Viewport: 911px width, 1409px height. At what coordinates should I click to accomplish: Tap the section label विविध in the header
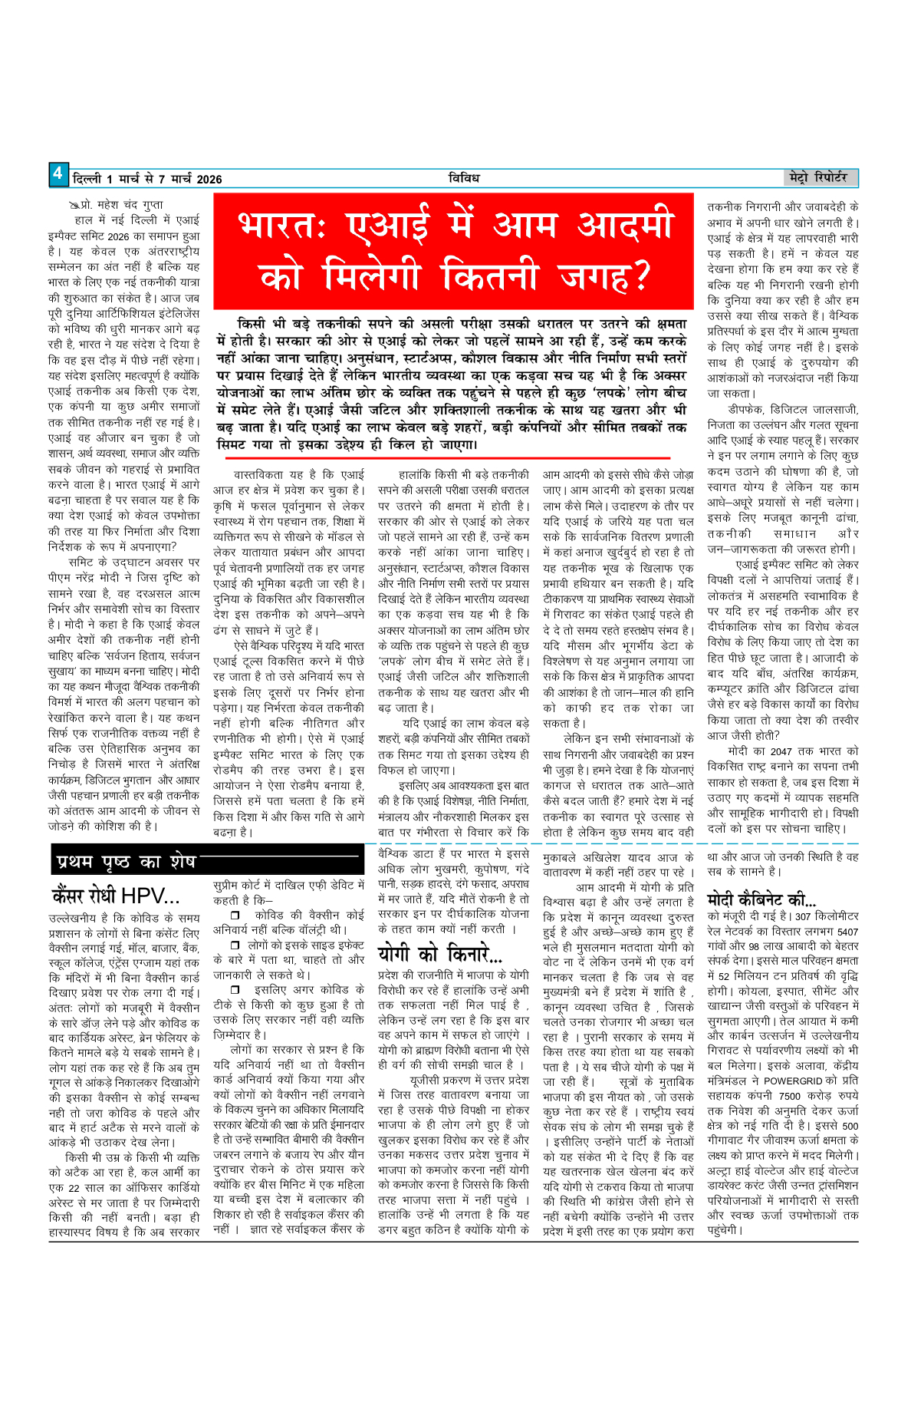click(464, 178)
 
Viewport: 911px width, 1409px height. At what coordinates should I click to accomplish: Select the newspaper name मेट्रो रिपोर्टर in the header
click(818, 177)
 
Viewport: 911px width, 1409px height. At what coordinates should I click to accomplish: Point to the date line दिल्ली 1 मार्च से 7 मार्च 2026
click(147, 180)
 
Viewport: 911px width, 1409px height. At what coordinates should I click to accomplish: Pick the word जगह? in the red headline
click(606, 275)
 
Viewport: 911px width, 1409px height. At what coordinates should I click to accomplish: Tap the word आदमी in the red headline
click(625, 226)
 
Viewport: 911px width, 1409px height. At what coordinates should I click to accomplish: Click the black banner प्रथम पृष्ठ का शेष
click(127, 862)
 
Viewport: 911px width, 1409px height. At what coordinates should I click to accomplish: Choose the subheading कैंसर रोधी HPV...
click(115, 896)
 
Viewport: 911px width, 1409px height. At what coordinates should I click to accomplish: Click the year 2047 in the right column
click(781, 751)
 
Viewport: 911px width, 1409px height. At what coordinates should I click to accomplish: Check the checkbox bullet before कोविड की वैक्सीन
click(236, 916)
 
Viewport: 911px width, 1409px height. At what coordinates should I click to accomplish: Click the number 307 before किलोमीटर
click(802, 916)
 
